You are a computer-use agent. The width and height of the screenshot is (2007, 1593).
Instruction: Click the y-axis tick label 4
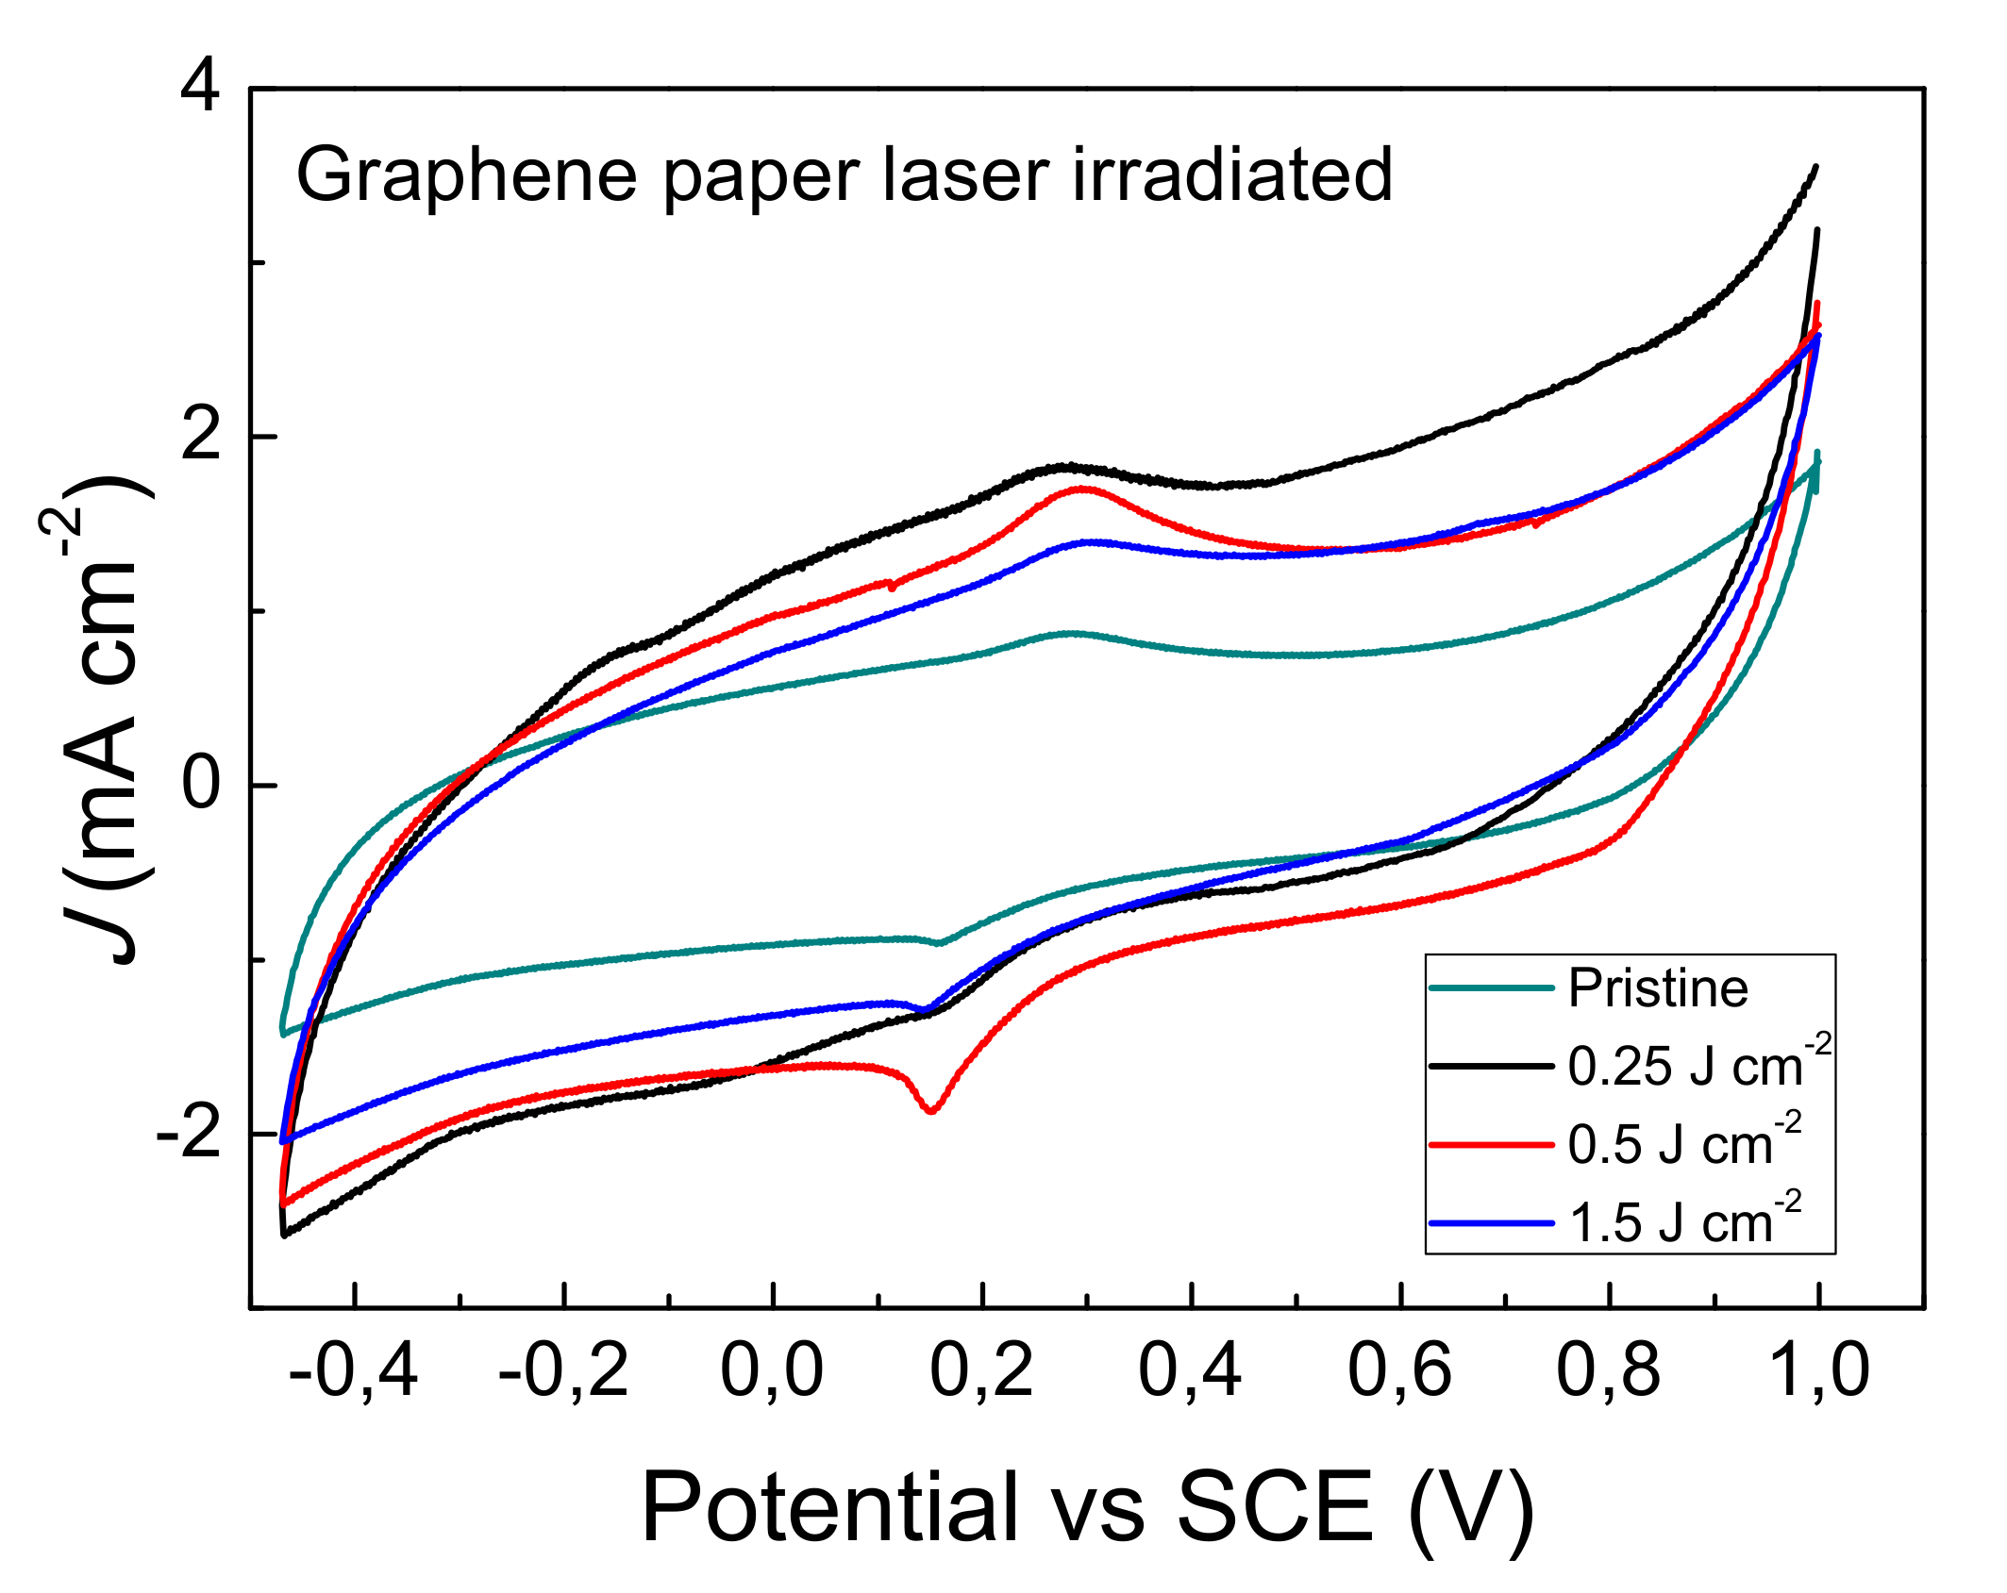(199, 89)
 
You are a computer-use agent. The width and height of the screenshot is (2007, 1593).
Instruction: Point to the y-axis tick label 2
(199, 437)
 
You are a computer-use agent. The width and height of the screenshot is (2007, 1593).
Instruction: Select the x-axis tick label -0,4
(353, 1370)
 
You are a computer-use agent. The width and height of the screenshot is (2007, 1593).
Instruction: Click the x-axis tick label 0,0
(772, 1370)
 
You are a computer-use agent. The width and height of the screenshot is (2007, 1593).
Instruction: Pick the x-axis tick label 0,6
(1399, 1370)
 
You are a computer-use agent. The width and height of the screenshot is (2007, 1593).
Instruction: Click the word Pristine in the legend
(1658, 988)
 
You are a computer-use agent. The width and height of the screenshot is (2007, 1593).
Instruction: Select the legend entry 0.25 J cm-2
(1698, 1066)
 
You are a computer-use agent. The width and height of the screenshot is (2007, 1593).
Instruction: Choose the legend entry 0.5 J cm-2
(1684, 1144)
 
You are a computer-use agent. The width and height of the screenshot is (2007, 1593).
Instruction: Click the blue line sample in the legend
(1491, 1223)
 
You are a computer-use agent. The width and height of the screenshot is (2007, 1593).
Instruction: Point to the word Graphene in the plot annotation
(467, 176)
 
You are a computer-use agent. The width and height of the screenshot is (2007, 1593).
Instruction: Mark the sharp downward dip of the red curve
(931, 1110)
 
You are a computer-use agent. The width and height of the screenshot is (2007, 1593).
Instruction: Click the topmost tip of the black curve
(1815, 167)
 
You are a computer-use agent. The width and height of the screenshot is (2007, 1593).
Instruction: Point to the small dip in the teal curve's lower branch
(939, 942)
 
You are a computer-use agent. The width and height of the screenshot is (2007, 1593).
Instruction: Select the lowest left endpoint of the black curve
(284, 1235)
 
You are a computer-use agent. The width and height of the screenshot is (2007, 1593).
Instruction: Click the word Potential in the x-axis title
(830, 1507)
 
